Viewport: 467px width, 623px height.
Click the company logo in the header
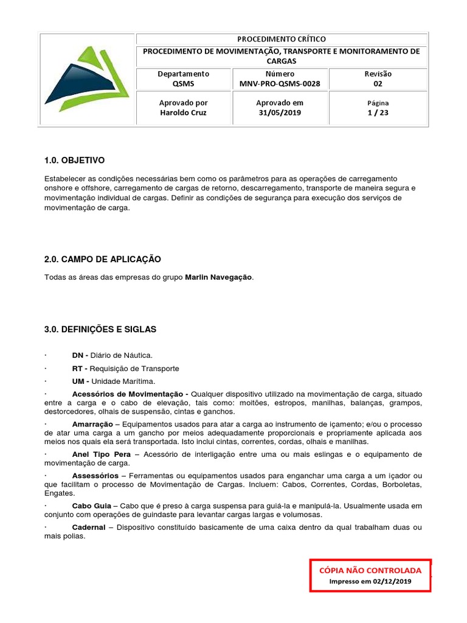[x=87, y=80]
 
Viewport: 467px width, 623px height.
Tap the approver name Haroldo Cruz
[x=183, y=113]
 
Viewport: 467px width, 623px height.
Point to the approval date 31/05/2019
[x=280, y=113]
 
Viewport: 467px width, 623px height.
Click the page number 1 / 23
[x=378, y=113]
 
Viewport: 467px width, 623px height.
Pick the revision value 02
[x=378, y=84]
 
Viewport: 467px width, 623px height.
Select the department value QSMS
[x=183, y=84]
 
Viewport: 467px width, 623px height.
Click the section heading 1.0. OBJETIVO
[x=74, y=160]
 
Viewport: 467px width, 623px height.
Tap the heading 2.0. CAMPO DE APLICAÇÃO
[x=102, y=259]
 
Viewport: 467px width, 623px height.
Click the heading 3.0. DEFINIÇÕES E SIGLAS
[x=100, y=329]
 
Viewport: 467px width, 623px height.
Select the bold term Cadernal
[x=89, y=527]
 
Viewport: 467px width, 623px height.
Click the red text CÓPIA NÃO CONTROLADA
[x=370, y=570]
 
